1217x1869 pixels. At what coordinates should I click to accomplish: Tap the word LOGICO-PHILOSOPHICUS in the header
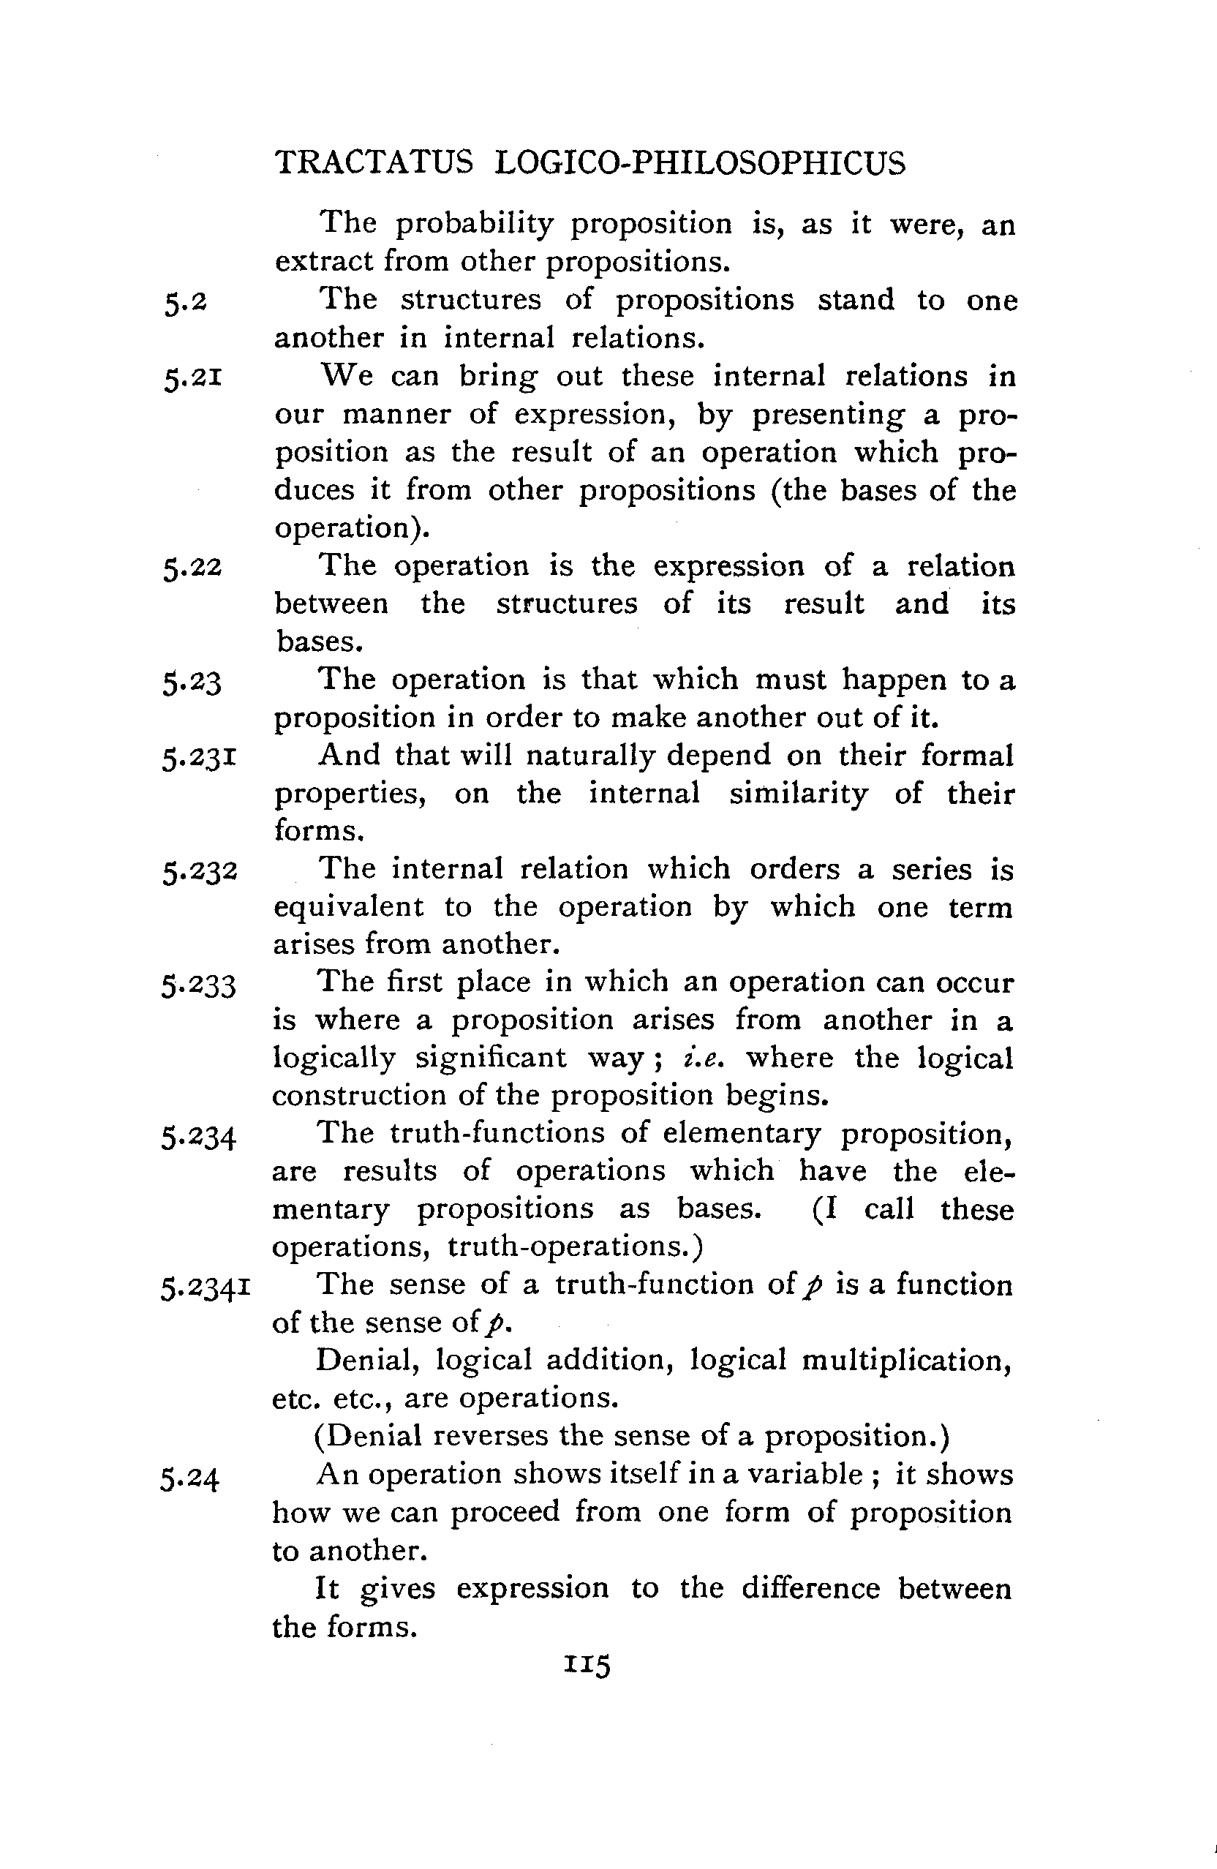coord(701,163)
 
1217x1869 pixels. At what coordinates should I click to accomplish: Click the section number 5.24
coord(190,1478)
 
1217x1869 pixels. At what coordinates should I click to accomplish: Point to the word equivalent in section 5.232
coord(349,907)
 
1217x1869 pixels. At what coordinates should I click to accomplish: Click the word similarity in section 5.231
coord(799,794)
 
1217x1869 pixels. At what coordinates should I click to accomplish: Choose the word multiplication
coord(906,1361)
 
